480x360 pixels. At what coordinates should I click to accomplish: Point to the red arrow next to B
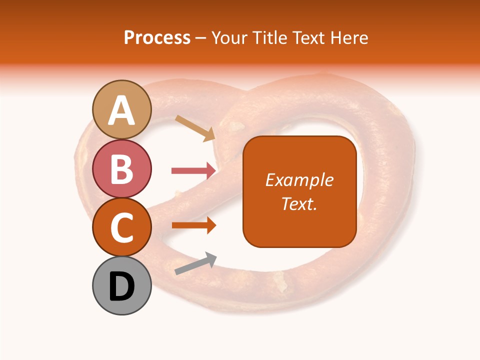click(194, 170)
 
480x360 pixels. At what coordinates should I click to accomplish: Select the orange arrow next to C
click(194, 225)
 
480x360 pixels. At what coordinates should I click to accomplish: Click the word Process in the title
click(157, 37)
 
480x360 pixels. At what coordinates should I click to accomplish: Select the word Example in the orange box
click(299, 180)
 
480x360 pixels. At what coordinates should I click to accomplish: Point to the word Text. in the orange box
click(299, 203)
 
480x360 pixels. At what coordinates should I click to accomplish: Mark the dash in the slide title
click(201, 38)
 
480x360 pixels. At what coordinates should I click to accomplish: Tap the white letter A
click(122, 110)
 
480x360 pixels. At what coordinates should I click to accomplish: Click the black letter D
click(122, 286)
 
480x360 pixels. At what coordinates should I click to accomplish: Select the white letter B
click(122, 169)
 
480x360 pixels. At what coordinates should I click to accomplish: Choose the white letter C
click(122, 228)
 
